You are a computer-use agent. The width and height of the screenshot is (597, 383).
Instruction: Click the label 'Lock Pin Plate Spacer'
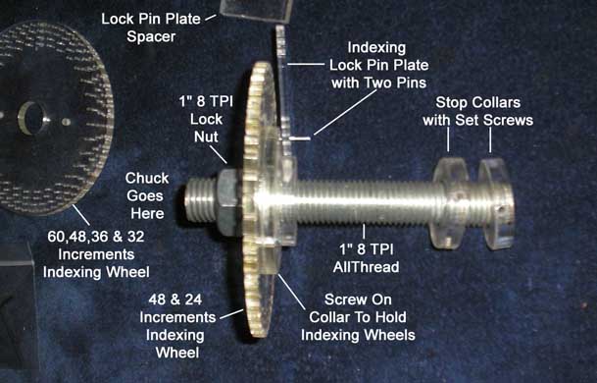pyautogui.click(x=151, y=27)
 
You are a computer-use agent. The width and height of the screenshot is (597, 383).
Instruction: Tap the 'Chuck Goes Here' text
pyautogui.click(x=147, y=195)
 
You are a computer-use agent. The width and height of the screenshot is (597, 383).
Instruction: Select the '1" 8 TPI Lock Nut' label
pyautogui.click(x=206, y=119)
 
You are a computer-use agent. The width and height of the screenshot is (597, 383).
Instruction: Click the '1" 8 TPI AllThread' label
pyautogui.click(x=366, y=258)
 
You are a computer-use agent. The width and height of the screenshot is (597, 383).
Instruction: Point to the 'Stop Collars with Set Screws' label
pyautogui.click(x=477, y=111)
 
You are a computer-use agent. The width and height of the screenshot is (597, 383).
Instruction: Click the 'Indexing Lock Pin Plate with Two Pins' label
pyautogui.click(x=378, y=65)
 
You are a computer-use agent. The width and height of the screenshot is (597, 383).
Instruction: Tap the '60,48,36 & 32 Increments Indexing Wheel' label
pyautogui.click(x=96, y=254)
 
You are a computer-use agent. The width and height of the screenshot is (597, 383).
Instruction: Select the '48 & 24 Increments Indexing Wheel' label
pyautogui.click(x=177, y=326)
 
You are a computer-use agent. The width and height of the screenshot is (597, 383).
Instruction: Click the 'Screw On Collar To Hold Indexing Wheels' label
pyautogui.click(x=358, y=317)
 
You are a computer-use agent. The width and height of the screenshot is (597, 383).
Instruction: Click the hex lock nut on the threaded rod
pyautogui.click(x=227, y=201)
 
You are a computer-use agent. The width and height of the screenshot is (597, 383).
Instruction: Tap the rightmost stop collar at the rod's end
pyautogui.click(x=496, y=204)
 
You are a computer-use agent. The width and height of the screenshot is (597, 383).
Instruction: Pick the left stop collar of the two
pyautogui.click(x=450, y=203)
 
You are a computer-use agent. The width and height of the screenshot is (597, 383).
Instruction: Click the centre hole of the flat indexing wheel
pyautogui.click(x=32, y=118)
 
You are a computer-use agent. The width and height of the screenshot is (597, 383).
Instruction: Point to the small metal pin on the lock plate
pyautogui.click(x=300, y=138)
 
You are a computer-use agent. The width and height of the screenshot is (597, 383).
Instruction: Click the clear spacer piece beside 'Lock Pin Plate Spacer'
pyautogui.click(x=256, y=10)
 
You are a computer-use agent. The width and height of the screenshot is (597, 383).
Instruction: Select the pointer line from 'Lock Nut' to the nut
pyautogui.click(x=219, y=154)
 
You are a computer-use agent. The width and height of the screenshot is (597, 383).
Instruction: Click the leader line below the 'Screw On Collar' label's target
pyautogui.click(x=292, y=291)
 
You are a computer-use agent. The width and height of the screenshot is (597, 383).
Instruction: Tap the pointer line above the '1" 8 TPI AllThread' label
pyautogui.click(x=364, y=231)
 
